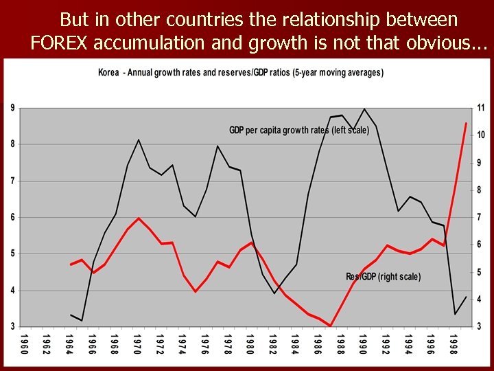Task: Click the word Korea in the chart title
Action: tap(109, 71)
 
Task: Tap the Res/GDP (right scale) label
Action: tap(383, 276)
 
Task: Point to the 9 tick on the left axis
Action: tap(12, 108)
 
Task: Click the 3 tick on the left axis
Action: tap(12, 326)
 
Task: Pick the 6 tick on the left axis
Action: tap(12, 217)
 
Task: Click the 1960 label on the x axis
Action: tap(25, 344)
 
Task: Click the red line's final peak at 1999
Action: tap(466, 124)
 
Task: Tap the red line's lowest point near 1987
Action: tap(331, 326)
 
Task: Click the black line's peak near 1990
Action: tap(364, 109)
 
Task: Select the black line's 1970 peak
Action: tap(139, 140)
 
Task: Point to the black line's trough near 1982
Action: tap(274, 293)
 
